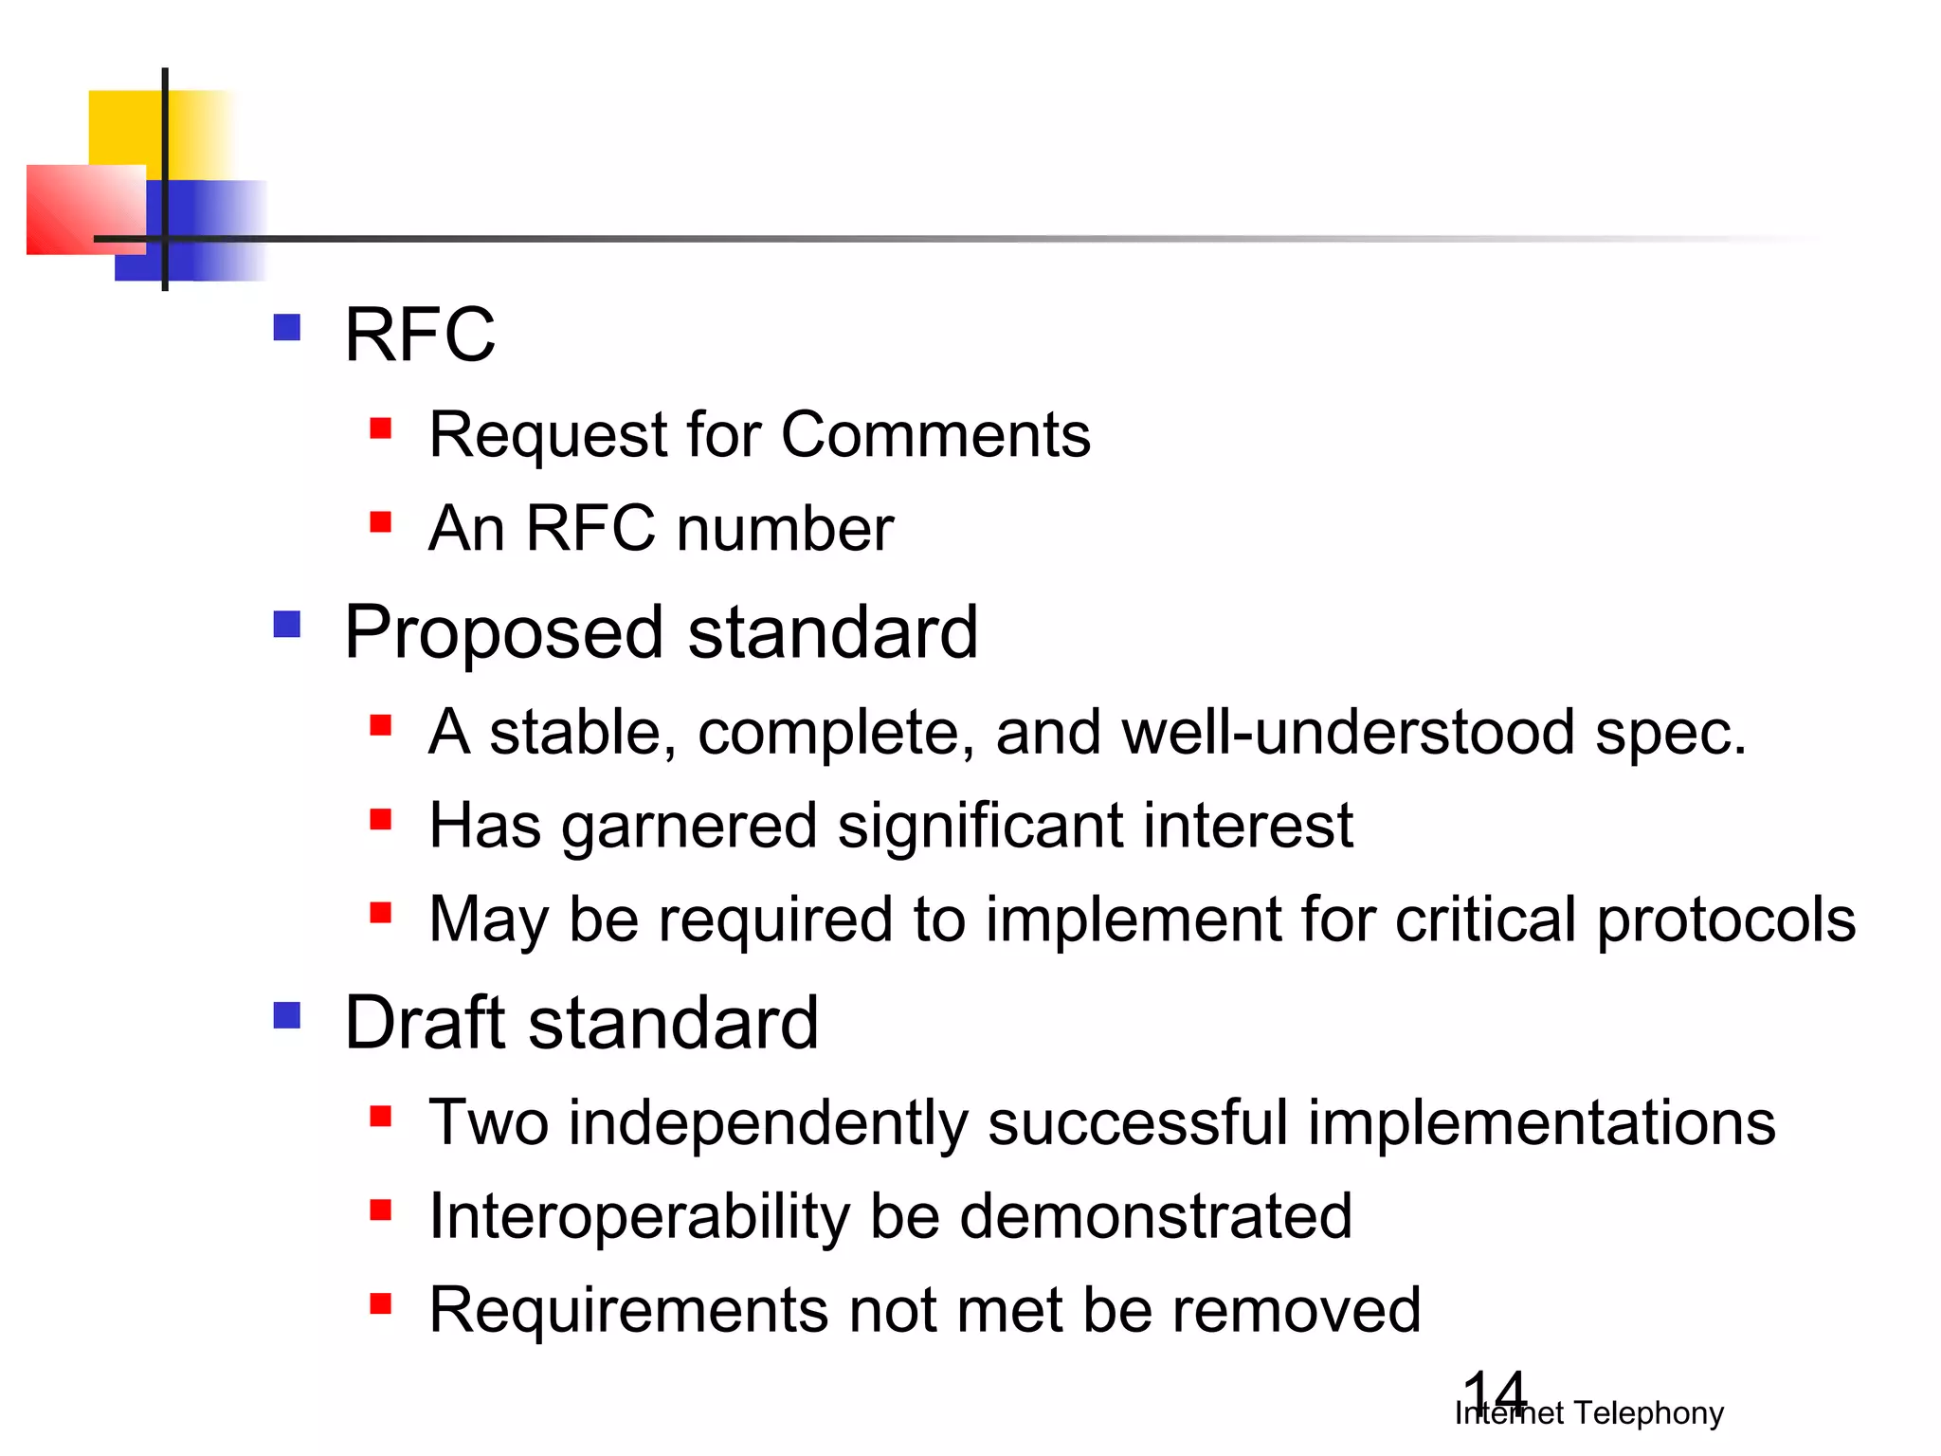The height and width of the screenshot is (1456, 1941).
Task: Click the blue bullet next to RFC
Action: [286, 328]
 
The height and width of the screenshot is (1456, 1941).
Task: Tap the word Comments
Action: [935, 435]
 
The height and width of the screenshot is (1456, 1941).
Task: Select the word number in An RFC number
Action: [786, 528]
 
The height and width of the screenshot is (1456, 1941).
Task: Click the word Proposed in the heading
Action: [503, 633]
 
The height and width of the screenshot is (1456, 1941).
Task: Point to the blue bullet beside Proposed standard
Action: [286, 625]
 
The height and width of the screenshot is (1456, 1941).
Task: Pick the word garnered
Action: [689, 827]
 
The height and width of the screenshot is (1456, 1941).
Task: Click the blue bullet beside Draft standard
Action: [286, 1016]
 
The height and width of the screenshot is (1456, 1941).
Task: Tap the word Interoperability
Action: [639, 1217]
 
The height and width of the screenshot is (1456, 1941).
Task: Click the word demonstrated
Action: [1155, 1216]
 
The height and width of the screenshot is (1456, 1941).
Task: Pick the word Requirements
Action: [628, 1311]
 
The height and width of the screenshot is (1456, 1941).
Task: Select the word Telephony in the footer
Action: [1648, 1413]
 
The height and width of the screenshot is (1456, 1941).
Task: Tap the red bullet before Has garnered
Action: [381, 819]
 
